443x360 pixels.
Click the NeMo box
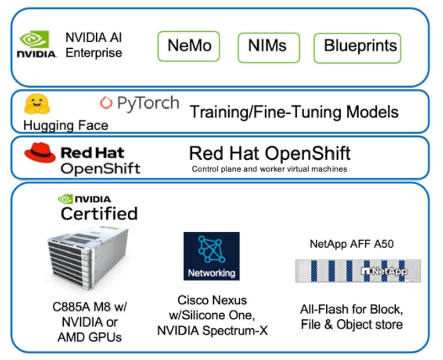[x=188, y=46]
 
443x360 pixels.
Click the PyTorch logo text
[x=139, y=103]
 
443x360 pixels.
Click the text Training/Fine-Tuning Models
[x=294, y=112]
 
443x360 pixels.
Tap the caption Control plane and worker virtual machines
[x=269, y=169]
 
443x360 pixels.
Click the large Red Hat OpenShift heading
[x=269, y=153]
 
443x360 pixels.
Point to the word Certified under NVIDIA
[x=99, y=213]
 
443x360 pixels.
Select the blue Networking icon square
[x=211, y=256]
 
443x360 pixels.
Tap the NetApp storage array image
[x=358, y=271]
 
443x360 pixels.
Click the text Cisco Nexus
[x=212, y=300]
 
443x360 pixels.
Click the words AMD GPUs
[x=89, y=337]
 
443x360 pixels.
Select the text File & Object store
[x=352, y=324]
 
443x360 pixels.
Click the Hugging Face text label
[x=66, y=126]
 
